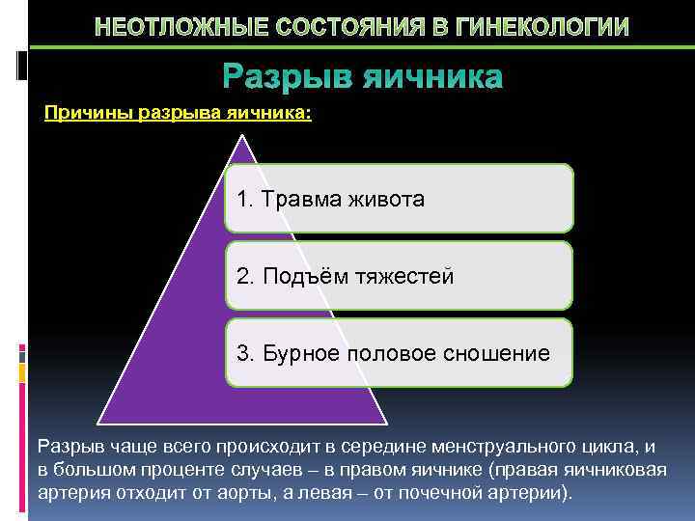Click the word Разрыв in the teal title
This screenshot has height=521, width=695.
point(287,76)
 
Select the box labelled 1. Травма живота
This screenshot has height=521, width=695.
point(399,199)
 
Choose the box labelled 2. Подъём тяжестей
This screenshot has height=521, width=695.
point(399,276)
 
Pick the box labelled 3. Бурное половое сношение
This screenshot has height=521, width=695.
point(399,353)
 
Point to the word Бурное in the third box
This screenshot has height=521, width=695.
point(296,353)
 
